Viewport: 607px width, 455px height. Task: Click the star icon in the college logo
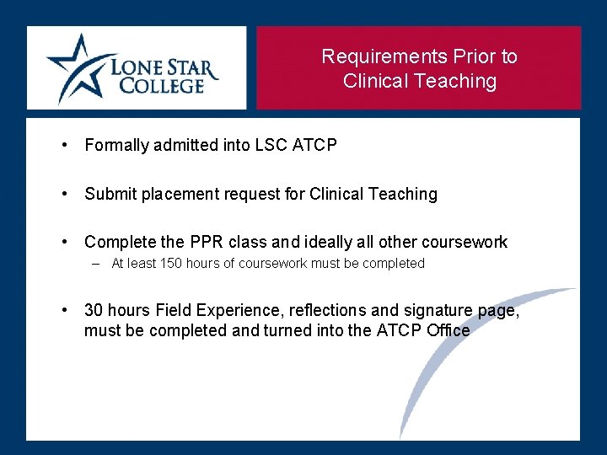80,67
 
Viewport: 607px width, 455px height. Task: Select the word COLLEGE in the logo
162,85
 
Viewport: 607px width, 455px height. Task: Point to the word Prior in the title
473,56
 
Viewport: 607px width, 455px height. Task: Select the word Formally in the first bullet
115,145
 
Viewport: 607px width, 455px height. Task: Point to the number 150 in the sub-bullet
171,263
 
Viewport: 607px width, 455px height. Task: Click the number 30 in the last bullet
94,310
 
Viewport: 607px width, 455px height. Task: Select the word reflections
314,310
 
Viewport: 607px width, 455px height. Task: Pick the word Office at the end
448,330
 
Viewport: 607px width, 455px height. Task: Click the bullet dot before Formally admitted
65,145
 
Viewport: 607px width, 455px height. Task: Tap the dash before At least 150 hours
96,263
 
